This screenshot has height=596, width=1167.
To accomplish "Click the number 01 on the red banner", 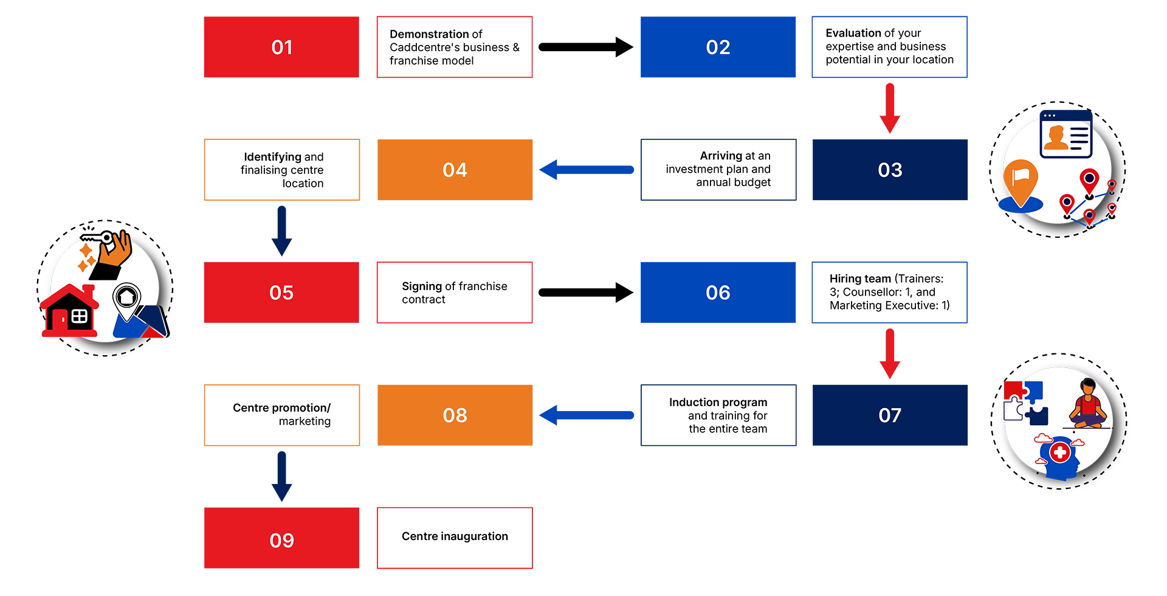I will [282, 47].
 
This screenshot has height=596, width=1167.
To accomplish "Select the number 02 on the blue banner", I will [718, 47].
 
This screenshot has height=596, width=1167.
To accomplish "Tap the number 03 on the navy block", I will [890, 170].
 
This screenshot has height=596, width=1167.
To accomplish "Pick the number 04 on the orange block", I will [455, 170].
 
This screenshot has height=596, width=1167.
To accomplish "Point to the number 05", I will [281, 293].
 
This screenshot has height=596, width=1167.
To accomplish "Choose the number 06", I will [718, 293].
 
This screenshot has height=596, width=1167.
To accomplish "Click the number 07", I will [890, 415].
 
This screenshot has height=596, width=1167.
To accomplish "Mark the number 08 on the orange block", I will [455, 415].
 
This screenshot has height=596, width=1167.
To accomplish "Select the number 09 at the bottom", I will [281, 540].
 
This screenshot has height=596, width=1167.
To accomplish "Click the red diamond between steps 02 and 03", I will [890, 108].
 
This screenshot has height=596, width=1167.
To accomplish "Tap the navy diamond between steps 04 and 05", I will [281, 231].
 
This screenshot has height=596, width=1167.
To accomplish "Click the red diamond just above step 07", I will [890, 354].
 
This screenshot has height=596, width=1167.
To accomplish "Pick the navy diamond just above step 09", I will [281, 477].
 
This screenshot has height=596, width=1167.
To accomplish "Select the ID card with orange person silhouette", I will [1065, 137].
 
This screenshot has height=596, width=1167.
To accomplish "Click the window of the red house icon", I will [80, 316].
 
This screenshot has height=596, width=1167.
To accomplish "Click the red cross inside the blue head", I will [1060, 452].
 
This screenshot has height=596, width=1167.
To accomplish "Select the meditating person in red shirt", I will [1088, 404].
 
